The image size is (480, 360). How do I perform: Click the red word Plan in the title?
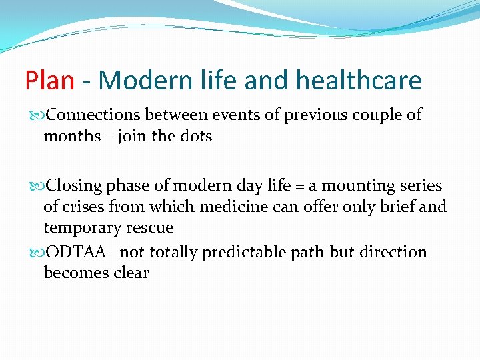coord(49,81)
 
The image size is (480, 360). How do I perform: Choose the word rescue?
coord(151,228)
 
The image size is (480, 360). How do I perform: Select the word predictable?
coord(254,252)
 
